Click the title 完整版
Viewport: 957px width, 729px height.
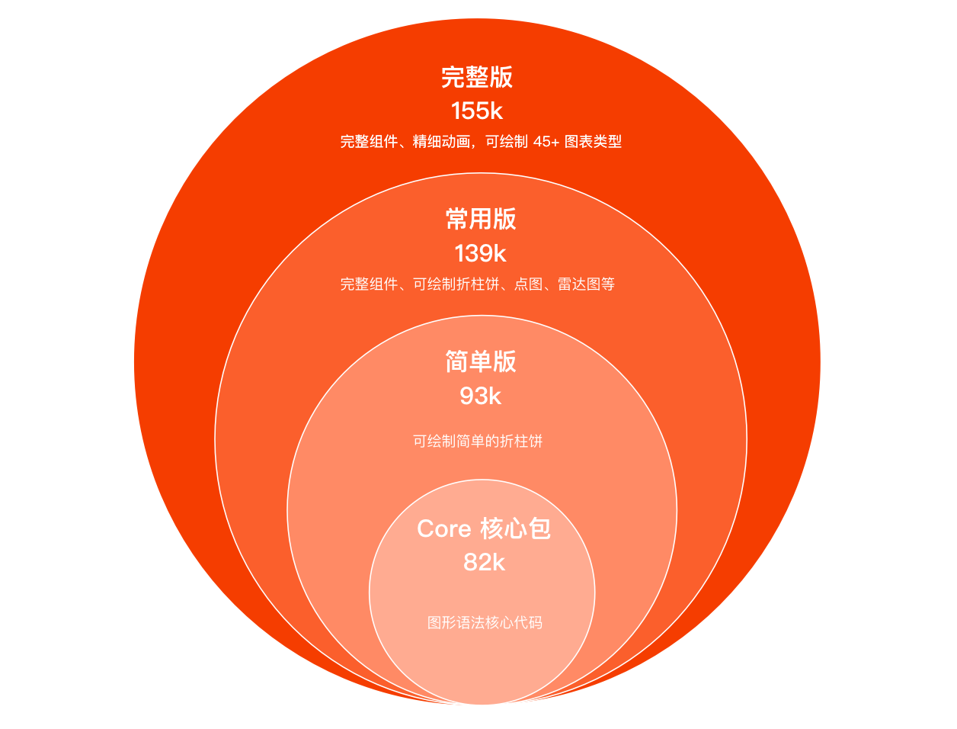click(x=477, y=77)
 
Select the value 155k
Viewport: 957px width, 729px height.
click(x=477, y=111)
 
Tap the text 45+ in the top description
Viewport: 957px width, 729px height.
click(x=546, y=142)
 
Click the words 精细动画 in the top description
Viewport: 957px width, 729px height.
click(x=441, y=142)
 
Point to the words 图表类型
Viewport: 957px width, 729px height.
click(x=593, y=142)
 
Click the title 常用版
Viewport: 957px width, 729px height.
click(x=481, y=219)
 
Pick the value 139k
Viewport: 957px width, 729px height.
click(x=480, y=253)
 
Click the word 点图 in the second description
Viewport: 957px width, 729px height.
click(x=529, y=284)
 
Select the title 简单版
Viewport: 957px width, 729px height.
click(x=481, y=361)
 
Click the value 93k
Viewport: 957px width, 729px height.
click(x=480, y=397)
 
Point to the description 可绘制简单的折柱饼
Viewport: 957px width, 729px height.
click(x=478, y=442)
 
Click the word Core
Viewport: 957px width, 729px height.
click(x=443, y=528)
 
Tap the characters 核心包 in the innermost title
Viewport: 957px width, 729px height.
click(x=515, y=528)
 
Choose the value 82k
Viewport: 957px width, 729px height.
click(x=484, y=563)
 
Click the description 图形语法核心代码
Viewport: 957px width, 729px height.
click(x=485, y=623)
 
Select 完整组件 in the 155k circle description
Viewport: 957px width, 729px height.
click(x=369, y=142)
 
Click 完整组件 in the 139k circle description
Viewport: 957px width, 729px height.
click(x=369, y=284)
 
